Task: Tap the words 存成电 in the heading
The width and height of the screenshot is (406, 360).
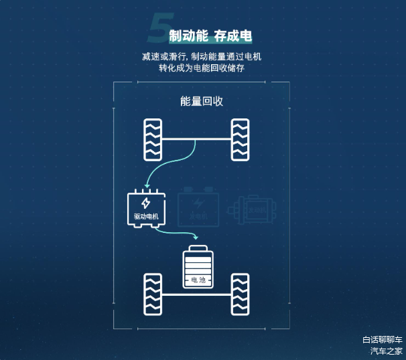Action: click(233, 35)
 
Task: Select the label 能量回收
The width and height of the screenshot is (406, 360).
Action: click(202, 101)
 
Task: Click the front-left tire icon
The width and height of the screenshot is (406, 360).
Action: click(153, 139)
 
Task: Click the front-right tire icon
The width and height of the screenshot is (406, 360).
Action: click(240, 139)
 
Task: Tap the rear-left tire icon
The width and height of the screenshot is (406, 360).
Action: click(153, 294)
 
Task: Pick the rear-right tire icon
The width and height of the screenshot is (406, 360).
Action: click(240, 294)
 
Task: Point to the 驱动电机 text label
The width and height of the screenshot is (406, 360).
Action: click(146, 216)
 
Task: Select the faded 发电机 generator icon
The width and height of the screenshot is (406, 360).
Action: click(198, 207)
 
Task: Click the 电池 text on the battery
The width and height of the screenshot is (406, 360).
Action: click(199, 279)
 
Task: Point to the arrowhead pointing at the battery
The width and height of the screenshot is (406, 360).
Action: click(196, 237)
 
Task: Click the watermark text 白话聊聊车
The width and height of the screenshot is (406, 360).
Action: click(383, 339)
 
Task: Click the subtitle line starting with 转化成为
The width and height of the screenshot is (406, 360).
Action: click(201, 68)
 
